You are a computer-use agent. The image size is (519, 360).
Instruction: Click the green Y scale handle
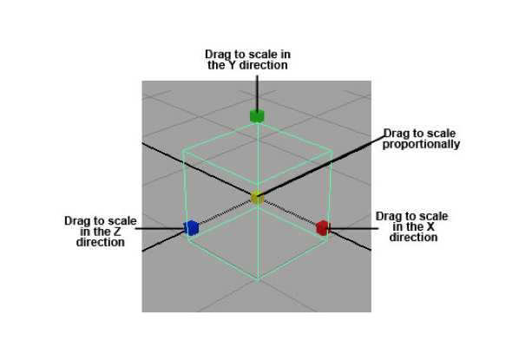257,116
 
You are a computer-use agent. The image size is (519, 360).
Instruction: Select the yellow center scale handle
257,197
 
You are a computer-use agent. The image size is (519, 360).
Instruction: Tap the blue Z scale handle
191,228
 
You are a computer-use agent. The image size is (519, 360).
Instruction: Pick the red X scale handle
322,227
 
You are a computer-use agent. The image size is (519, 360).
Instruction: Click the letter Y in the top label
233,65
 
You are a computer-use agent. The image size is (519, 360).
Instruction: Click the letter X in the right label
430,227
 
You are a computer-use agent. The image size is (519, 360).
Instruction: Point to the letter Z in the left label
117,232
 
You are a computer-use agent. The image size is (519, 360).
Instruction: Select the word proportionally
421,144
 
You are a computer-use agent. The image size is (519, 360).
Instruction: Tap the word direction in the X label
413,237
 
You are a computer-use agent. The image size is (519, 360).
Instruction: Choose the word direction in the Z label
101,242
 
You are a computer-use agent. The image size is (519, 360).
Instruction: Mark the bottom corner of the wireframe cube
258,280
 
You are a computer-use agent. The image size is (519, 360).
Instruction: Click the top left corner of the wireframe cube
183,152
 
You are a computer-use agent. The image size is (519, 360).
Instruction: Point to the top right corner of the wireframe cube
332,151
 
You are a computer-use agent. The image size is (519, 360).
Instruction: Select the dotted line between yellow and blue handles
225,212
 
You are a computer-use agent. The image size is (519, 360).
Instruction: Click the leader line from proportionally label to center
321,166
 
